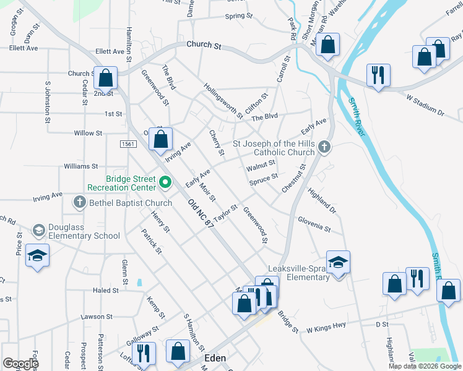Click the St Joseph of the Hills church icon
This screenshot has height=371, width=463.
[325, 147]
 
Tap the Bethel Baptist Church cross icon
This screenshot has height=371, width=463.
[79, 202]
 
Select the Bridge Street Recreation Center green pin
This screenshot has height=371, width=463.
[165, 182]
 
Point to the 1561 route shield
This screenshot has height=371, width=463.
[128, 143]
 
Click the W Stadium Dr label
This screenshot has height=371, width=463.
[425, 105]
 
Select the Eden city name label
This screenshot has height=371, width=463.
[215, 358]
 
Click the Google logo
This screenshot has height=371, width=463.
[20, 364]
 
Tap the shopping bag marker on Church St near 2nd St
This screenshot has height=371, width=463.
[105, 78]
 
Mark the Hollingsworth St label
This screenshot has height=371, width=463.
[223, 101]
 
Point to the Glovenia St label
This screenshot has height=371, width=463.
[314, 223]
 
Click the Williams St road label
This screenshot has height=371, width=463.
[81, 166]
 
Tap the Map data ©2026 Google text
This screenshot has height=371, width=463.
[424, 366]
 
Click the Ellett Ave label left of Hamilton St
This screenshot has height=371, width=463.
[24, 48]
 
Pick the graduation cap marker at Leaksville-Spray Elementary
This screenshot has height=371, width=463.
[338, 262]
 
